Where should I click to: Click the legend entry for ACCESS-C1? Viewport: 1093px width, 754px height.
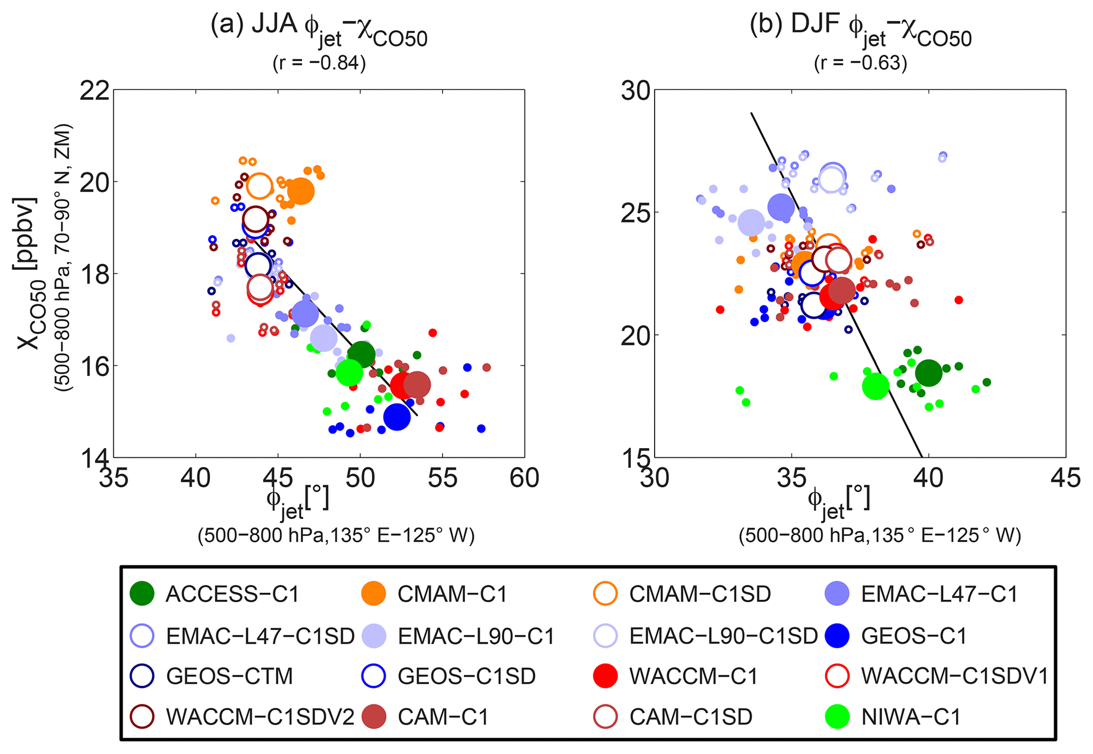click(x=232, y=594)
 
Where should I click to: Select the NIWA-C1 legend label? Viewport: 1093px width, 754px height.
click(x=911, y=717)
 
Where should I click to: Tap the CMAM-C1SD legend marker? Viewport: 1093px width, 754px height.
click(x=605, y=594)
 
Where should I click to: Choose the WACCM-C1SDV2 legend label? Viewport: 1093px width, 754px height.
click(x=260, y=717)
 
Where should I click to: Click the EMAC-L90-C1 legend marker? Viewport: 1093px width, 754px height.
click(x=374, y=636)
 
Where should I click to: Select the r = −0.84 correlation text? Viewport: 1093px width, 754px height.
click(x=319, y=63)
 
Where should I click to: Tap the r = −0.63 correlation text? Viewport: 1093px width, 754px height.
click(x=860, y=63)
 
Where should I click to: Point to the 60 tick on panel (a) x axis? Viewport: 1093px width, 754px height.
click(x=525, y=478)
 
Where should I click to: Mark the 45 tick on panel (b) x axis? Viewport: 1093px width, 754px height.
click(x=1066, y=478)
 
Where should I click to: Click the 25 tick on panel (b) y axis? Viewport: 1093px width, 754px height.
click(x=637, y=212)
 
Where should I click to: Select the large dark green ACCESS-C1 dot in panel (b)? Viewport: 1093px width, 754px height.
click(x=929, y=373)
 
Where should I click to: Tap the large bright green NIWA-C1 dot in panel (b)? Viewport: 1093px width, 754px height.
click(x=876, y=386)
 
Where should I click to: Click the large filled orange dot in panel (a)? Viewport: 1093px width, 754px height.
click(x=300, y=191)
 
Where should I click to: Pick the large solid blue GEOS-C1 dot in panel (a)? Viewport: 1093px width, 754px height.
click(x=397, y=417)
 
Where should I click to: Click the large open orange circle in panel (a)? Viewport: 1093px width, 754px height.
click(x=259, y=186)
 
